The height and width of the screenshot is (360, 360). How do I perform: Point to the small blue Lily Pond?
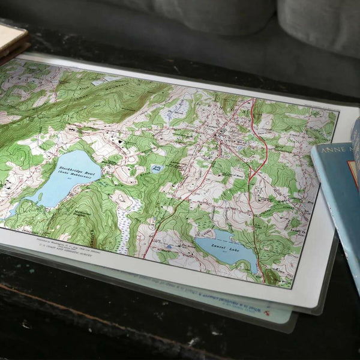point(157,169)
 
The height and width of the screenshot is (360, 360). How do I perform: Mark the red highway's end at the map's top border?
point(253,100)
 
